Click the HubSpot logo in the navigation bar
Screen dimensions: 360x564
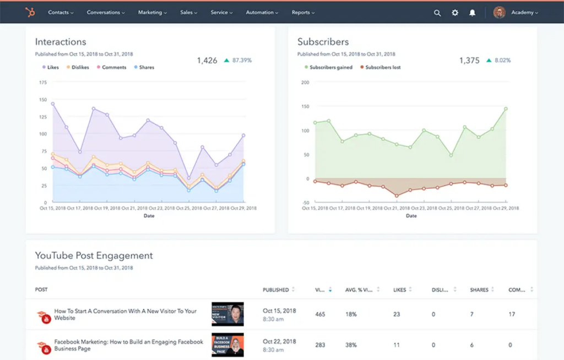click(29, 12)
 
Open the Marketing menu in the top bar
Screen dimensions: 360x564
click(152, 12)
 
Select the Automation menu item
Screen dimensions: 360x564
click(262, 12)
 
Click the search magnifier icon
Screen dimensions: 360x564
click(437, 13)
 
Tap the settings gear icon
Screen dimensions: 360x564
click(455, 13)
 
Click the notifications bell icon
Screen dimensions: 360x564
click(472, 13)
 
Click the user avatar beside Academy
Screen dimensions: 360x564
click(500, 12)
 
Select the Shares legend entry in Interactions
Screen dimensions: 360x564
click(144, 67)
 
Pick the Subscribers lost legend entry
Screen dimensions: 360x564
click(380, 67)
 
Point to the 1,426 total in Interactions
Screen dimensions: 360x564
click(207, 61)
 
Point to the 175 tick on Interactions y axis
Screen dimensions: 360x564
click(42, 82)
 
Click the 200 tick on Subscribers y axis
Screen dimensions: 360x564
click(305, 82)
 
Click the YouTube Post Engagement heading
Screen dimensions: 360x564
click(94, 255)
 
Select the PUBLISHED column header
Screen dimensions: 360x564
click(276, 290)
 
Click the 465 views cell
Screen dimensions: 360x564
click(320, 314)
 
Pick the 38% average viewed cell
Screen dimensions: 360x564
click(351, 345)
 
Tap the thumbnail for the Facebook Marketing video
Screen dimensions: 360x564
click(227, 345)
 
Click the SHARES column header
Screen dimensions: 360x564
click(479, 290)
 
